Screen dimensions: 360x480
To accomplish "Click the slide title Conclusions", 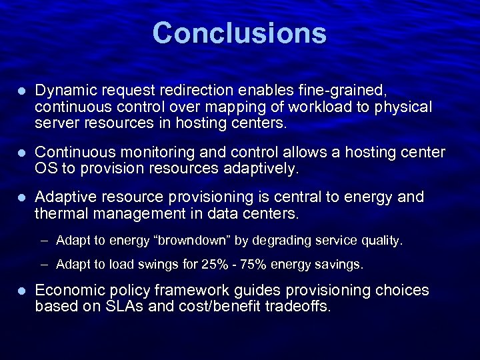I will pyautogui.click(x=239, y=33).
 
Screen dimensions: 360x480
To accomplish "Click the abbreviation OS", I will pyautogui.click(x=46, y=169).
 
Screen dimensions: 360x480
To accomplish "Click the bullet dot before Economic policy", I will pyautogui.click(x=22, y=291).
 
